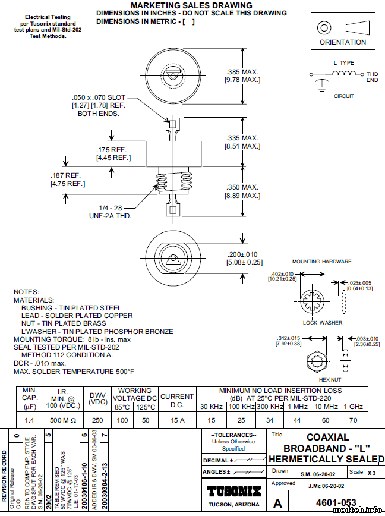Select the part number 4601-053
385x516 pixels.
[334, 503]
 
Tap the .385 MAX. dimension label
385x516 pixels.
[242, 71]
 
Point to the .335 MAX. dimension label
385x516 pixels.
[242, 138]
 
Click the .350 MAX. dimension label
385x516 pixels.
[242, 187]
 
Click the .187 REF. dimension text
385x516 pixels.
[65, 175]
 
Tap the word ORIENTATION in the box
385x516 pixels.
[343, 42]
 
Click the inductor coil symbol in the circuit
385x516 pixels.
[343, 73]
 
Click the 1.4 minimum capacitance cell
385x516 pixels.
[29, 420]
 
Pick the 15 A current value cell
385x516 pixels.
[177, 420]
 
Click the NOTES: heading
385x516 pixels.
[26, 292]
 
